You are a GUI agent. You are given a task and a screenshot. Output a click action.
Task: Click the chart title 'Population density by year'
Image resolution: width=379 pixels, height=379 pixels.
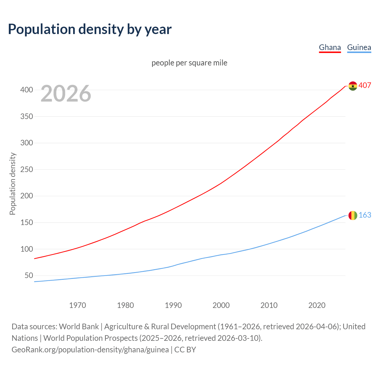pos(90,29)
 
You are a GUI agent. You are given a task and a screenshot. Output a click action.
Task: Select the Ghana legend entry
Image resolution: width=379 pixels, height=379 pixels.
pos(330,47)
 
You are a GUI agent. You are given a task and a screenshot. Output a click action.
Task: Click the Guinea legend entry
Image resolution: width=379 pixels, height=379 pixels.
pos(359,47)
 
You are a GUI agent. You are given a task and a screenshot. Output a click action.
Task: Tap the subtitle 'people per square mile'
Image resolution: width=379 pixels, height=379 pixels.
pos(189,63)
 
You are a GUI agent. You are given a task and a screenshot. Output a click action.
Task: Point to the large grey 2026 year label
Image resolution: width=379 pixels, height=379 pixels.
pos(66,94)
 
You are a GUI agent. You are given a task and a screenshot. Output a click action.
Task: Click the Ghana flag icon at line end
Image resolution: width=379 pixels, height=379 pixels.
pos(353,86)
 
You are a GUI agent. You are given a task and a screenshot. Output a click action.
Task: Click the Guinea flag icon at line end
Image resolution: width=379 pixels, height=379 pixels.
pos(353,215)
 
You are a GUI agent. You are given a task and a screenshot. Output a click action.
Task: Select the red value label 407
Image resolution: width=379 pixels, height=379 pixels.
pos(365,85)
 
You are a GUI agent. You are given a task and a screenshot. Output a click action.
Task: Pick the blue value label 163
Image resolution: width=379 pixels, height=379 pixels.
pos(365,215)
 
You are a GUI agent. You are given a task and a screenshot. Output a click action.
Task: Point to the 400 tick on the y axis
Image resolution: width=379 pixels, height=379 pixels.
pos(26,90)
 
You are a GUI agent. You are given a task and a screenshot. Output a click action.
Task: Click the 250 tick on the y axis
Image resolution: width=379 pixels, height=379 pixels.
pos(26,169)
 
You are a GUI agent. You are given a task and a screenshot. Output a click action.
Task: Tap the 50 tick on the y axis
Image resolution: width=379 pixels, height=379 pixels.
pos(29,276)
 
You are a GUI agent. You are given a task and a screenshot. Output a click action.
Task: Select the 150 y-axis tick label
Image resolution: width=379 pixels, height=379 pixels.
pos(26,223)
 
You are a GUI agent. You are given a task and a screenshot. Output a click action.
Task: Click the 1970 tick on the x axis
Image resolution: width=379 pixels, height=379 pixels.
pos(78,305)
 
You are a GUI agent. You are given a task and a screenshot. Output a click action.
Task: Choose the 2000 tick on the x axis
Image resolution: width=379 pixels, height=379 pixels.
pos(221,305)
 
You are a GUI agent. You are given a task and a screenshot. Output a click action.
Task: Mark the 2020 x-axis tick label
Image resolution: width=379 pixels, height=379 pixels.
pos(317,305)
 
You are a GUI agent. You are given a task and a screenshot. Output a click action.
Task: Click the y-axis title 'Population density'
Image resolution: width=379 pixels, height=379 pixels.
pos(12,184)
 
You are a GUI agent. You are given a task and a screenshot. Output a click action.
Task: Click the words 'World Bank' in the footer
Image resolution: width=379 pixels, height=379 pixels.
pos(79,327)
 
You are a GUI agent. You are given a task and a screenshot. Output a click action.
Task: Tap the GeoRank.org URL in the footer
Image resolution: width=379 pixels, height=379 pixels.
pos(90,350)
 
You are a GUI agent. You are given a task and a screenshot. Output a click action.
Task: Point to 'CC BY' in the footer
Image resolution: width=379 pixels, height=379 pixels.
pos(185,350)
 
